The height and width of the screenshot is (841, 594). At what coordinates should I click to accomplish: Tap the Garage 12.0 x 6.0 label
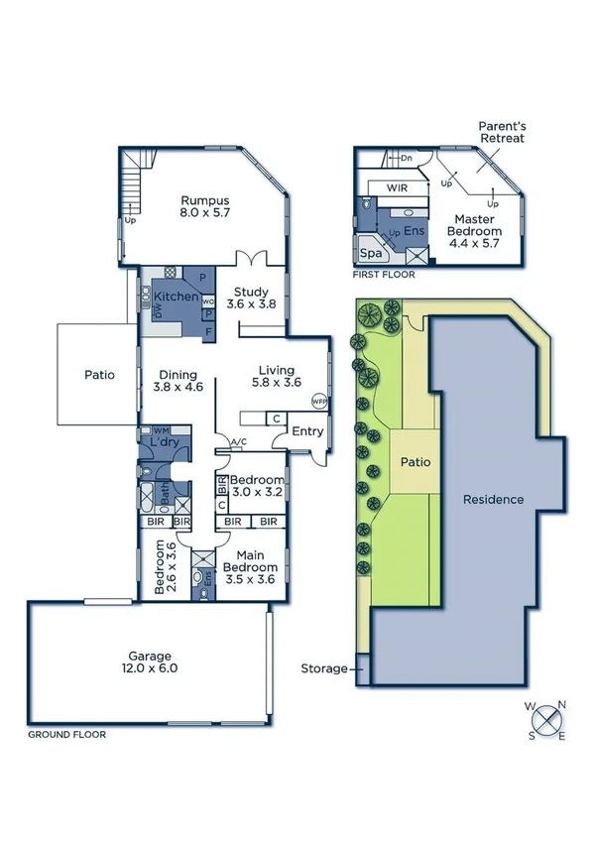tap(149, 662)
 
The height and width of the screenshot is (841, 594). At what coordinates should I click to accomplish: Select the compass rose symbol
tap(546, 719)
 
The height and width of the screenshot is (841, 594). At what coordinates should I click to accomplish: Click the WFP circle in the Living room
tap(318, 402)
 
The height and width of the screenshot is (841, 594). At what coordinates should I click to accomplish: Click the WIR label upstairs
tap(397, 186)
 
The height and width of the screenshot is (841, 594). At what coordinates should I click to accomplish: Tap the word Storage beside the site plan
tap(324, 668)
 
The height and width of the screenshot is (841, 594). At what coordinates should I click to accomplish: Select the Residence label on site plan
tap(493, 499)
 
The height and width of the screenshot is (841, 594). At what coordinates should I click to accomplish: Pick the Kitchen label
tap(176, 297)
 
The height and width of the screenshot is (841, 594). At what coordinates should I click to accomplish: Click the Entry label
tap(306, 430)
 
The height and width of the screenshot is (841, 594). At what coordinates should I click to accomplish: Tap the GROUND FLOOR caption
tap(66, 735)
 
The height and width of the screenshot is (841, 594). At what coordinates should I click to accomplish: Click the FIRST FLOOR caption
tap(384, 275)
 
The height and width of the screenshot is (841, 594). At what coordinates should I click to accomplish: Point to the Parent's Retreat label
tap(501, 133)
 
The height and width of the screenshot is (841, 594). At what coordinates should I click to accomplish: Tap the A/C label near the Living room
tap(238, 442)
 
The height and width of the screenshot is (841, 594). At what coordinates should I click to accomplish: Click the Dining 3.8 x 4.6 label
tap(178, 381)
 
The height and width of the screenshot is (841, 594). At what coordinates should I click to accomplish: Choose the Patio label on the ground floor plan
tap(99, 375)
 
